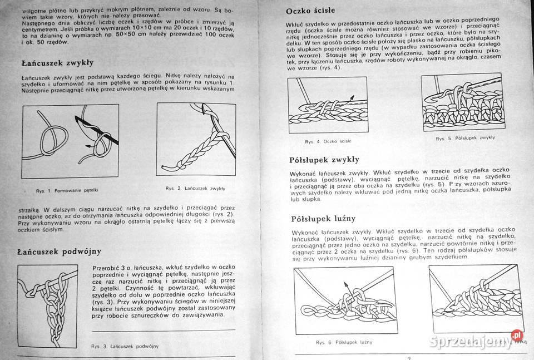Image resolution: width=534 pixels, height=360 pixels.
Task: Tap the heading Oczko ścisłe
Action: [x=313, y=11]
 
